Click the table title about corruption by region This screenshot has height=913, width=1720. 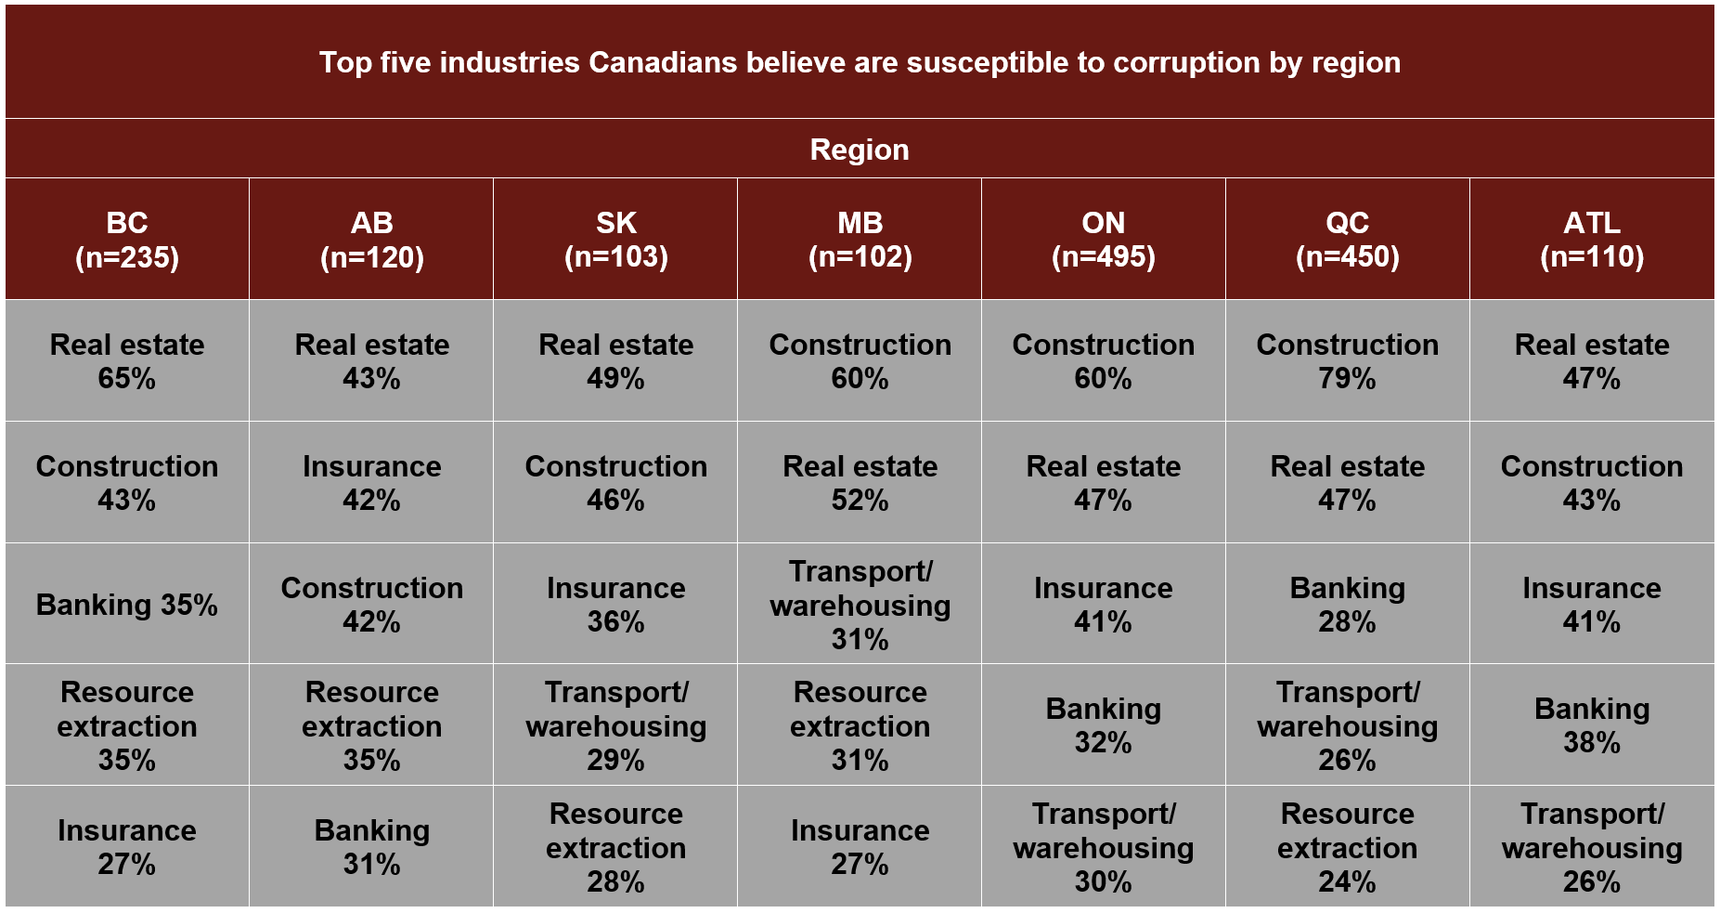point(860,62)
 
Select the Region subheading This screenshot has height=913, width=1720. point(860,150)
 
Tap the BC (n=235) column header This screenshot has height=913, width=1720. point(127,240)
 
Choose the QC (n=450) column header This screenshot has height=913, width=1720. point(1347,240)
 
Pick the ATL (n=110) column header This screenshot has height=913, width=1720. point(1592,240)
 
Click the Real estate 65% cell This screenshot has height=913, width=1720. point(127,361)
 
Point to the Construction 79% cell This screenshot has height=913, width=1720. point(1347,361)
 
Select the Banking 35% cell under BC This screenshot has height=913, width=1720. point(127,605)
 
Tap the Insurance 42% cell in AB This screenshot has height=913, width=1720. point(371,483)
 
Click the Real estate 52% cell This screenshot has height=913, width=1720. point(860,483)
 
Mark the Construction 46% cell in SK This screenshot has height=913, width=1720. point(615,483)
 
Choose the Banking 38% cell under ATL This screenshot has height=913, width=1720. point(1592,725)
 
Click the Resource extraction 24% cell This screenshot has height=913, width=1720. point(1347,847)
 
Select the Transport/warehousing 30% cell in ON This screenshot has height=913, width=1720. point(1103,847)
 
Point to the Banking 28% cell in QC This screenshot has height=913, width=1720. point(1347,605)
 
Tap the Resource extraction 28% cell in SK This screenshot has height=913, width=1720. point(615,847)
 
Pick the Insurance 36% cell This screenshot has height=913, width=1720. point(615,605)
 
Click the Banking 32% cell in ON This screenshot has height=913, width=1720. point(1103,725)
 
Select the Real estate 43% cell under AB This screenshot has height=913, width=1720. point(371,361)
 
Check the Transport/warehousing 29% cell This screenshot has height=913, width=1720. point(615,725)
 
